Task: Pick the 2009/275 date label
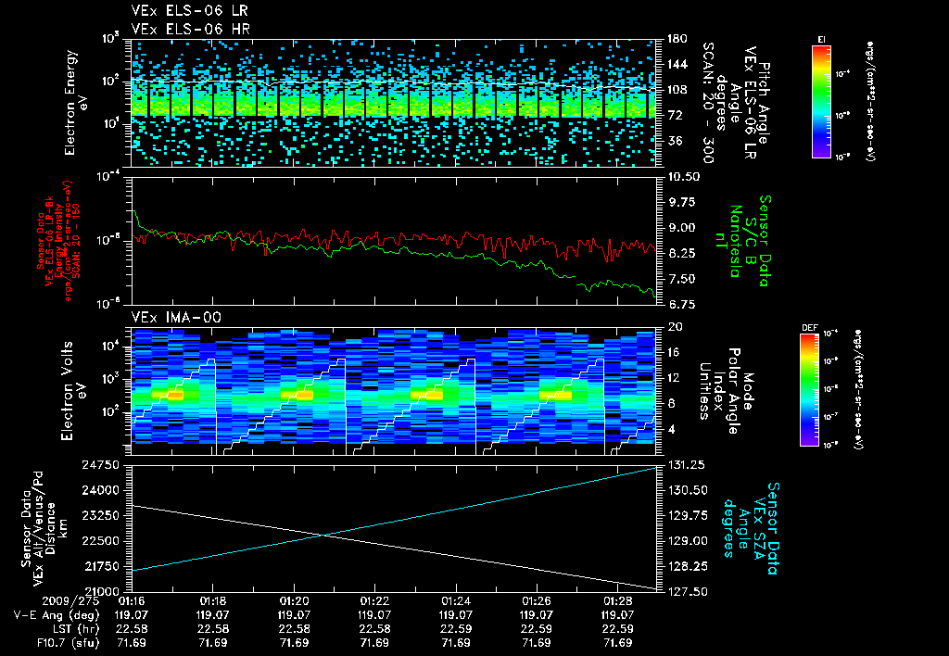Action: coord(45,601)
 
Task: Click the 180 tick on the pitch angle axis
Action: coord(674,38)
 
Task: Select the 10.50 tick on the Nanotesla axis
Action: coord(681,176)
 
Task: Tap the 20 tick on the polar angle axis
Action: coord(673,327)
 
